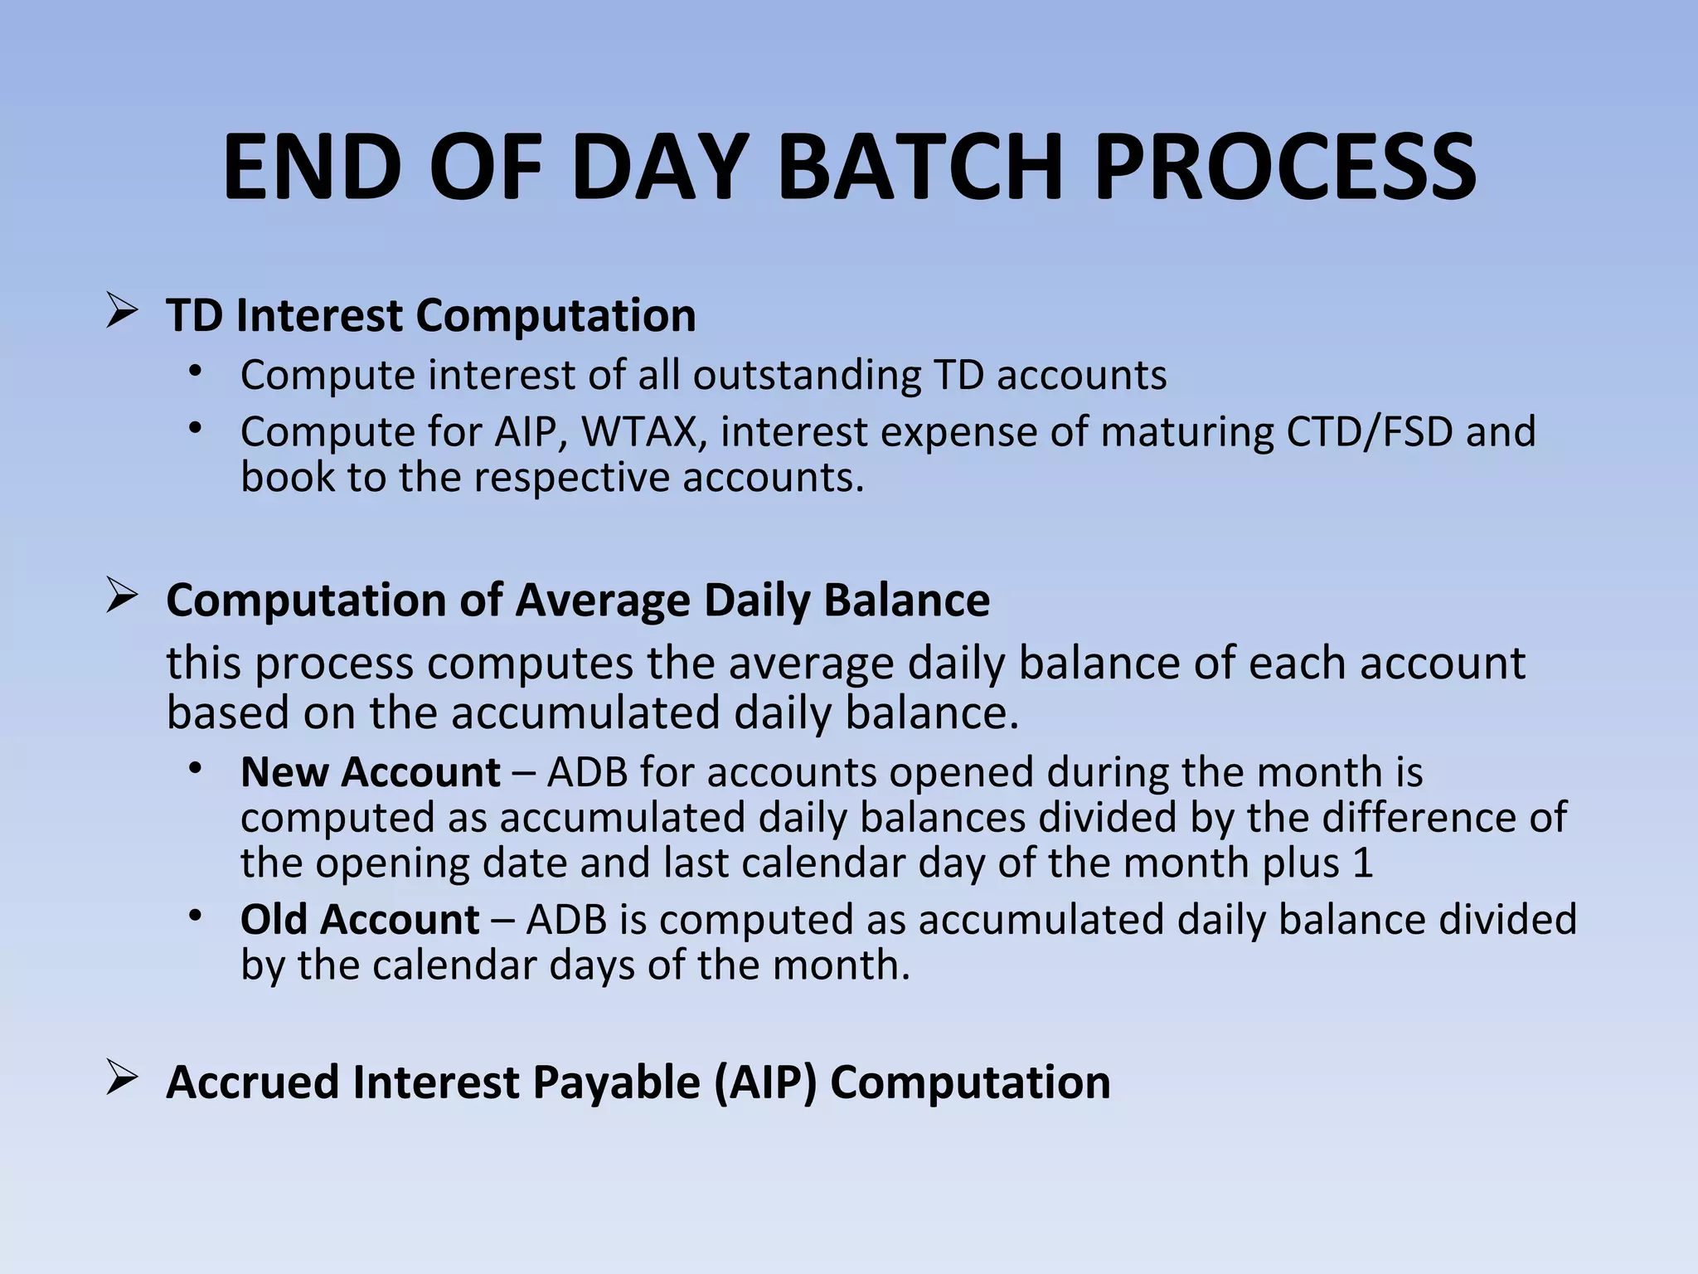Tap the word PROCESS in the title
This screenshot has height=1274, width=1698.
(1285, 168)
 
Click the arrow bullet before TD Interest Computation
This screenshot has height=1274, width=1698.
(122, 314)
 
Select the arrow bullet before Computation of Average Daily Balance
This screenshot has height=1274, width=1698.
(122, 598)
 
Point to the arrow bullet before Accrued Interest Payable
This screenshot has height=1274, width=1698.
(122, 1080)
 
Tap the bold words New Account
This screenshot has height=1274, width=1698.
(370, 772)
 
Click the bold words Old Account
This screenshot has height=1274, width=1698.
(360, 920)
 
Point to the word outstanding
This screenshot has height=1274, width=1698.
(807, 376)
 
